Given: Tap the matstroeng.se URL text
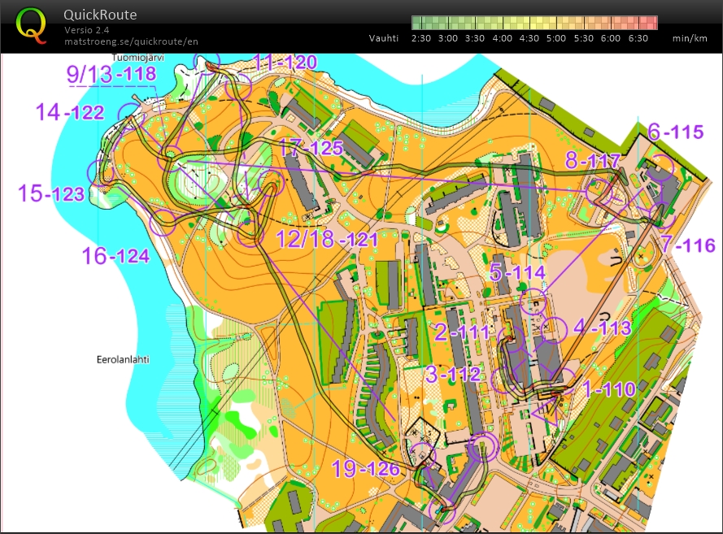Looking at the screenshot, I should tap(131, 41).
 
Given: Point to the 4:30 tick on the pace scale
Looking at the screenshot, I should tap(529, 37).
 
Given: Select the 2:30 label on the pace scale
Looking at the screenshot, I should tap(420, 37).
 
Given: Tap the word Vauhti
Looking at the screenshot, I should tap(384, 37).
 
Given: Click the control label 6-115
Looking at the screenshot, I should tap(675, 132).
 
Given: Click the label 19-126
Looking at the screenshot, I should tap(365, 469).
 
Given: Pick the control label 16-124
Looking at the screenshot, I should tap(115, 257).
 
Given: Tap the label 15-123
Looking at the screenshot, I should tap(51, 194).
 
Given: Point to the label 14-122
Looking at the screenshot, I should tap(70, 113).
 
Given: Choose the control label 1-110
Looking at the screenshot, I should tap(608, 389).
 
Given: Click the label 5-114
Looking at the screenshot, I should tap(517, 271).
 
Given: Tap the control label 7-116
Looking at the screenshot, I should tap(687, 244).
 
